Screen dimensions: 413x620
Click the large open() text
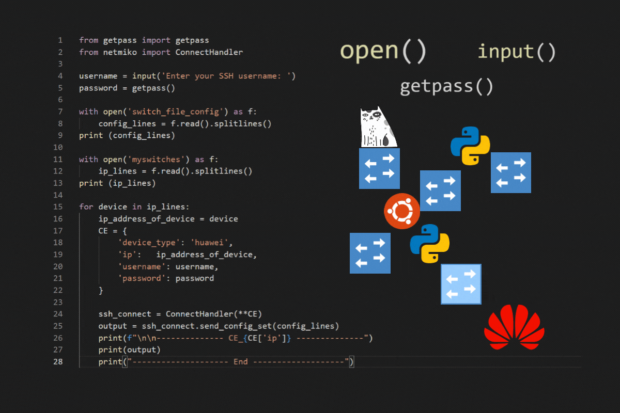tap(383, 51)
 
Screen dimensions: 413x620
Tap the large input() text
tap(517, 52)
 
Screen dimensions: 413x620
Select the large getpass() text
tap(447, 86)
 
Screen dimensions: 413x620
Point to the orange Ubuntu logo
tap(402, 212)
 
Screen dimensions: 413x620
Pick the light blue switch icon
tap(461, 284)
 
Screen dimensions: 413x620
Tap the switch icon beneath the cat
tap(379, 168)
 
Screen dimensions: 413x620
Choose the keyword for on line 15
tap(86, 207)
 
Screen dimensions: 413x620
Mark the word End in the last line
tap(241, 362)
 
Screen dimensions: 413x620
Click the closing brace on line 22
tap(101, 291)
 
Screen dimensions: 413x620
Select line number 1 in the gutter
tap(60, 40)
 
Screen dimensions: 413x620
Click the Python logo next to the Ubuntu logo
tap(429, 244)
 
